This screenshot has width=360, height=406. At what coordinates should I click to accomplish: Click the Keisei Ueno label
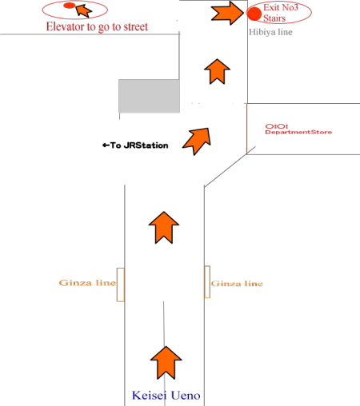point(166,396)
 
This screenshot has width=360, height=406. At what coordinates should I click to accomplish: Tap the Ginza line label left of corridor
point(87,283)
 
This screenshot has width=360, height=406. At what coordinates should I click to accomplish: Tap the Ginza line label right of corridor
point(237,284)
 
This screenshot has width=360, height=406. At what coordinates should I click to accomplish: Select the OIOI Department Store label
point(298,129)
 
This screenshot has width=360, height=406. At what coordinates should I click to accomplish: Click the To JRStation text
point(135,145)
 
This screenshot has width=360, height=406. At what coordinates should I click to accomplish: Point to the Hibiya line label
point(270,32)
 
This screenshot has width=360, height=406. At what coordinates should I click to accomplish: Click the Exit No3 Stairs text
point(281,13)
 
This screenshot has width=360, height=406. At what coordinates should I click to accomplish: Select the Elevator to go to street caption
point(97,26)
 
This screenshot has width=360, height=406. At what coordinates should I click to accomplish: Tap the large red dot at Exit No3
point(254,14)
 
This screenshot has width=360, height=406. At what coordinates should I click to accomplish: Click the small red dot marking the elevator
point(69,6)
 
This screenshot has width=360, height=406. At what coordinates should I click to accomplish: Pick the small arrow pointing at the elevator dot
point(83,10)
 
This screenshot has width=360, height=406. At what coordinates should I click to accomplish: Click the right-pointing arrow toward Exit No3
point(227,13)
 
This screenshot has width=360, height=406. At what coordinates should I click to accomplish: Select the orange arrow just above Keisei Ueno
point(166,362)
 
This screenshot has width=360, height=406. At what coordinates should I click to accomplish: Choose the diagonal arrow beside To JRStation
point(198,140)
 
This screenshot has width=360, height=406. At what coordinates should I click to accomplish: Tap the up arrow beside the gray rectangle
point(217,71)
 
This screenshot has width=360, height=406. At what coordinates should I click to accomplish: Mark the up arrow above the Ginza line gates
point(164,227)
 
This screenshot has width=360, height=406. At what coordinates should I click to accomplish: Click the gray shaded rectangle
point(149,96)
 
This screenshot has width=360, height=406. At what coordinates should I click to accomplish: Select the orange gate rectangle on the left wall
point(121,285)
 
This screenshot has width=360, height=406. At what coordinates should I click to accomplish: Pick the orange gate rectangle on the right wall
point(207,281)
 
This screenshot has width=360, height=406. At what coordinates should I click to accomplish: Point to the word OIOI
point(277,126)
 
